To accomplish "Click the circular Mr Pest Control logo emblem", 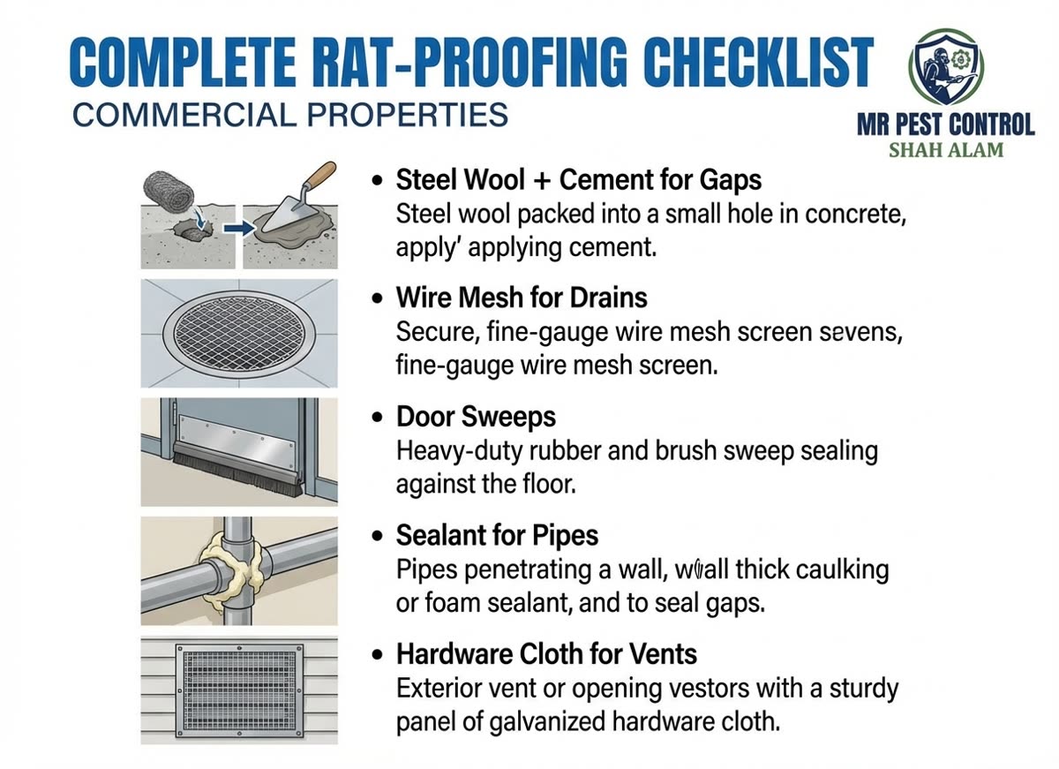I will click(943, 65).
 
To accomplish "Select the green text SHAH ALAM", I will click(945, 149).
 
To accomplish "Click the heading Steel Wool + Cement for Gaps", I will click(578, 180).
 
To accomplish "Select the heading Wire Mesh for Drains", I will click(522, 298).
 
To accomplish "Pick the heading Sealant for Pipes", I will click(497, 535).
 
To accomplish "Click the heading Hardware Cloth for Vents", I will click(546, 654).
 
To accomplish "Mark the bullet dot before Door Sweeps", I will click(378, 418).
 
